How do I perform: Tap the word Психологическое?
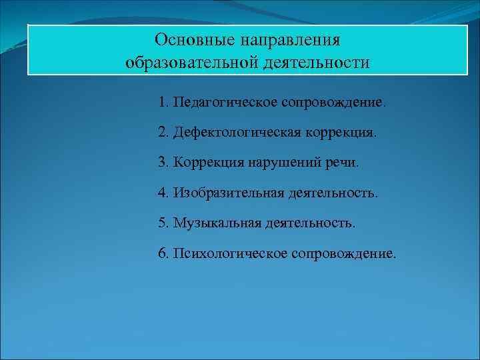[229, 253]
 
